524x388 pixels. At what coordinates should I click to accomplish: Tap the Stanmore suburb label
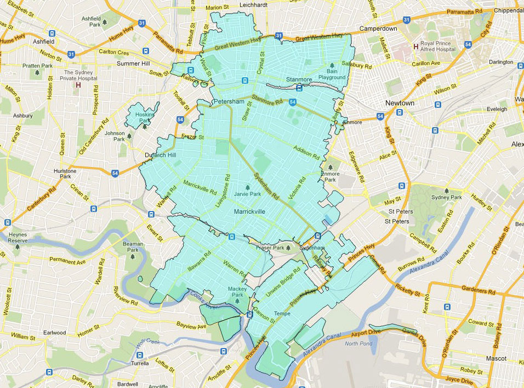coord(299,80)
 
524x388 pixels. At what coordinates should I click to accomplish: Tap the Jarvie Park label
coord(248,194)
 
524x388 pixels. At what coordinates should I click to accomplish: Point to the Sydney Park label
coord(447,197)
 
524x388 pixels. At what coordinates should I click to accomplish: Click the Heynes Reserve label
coord(18,237)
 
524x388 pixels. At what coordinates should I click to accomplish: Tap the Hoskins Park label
coord(145,117)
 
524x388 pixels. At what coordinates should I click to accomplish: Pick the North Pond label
coord(360,344)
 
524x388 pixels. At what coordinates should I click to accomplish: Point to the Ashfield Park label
coord(91,21)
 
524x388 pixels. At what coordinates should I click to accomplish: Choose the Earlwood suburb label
coord(55,333)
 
